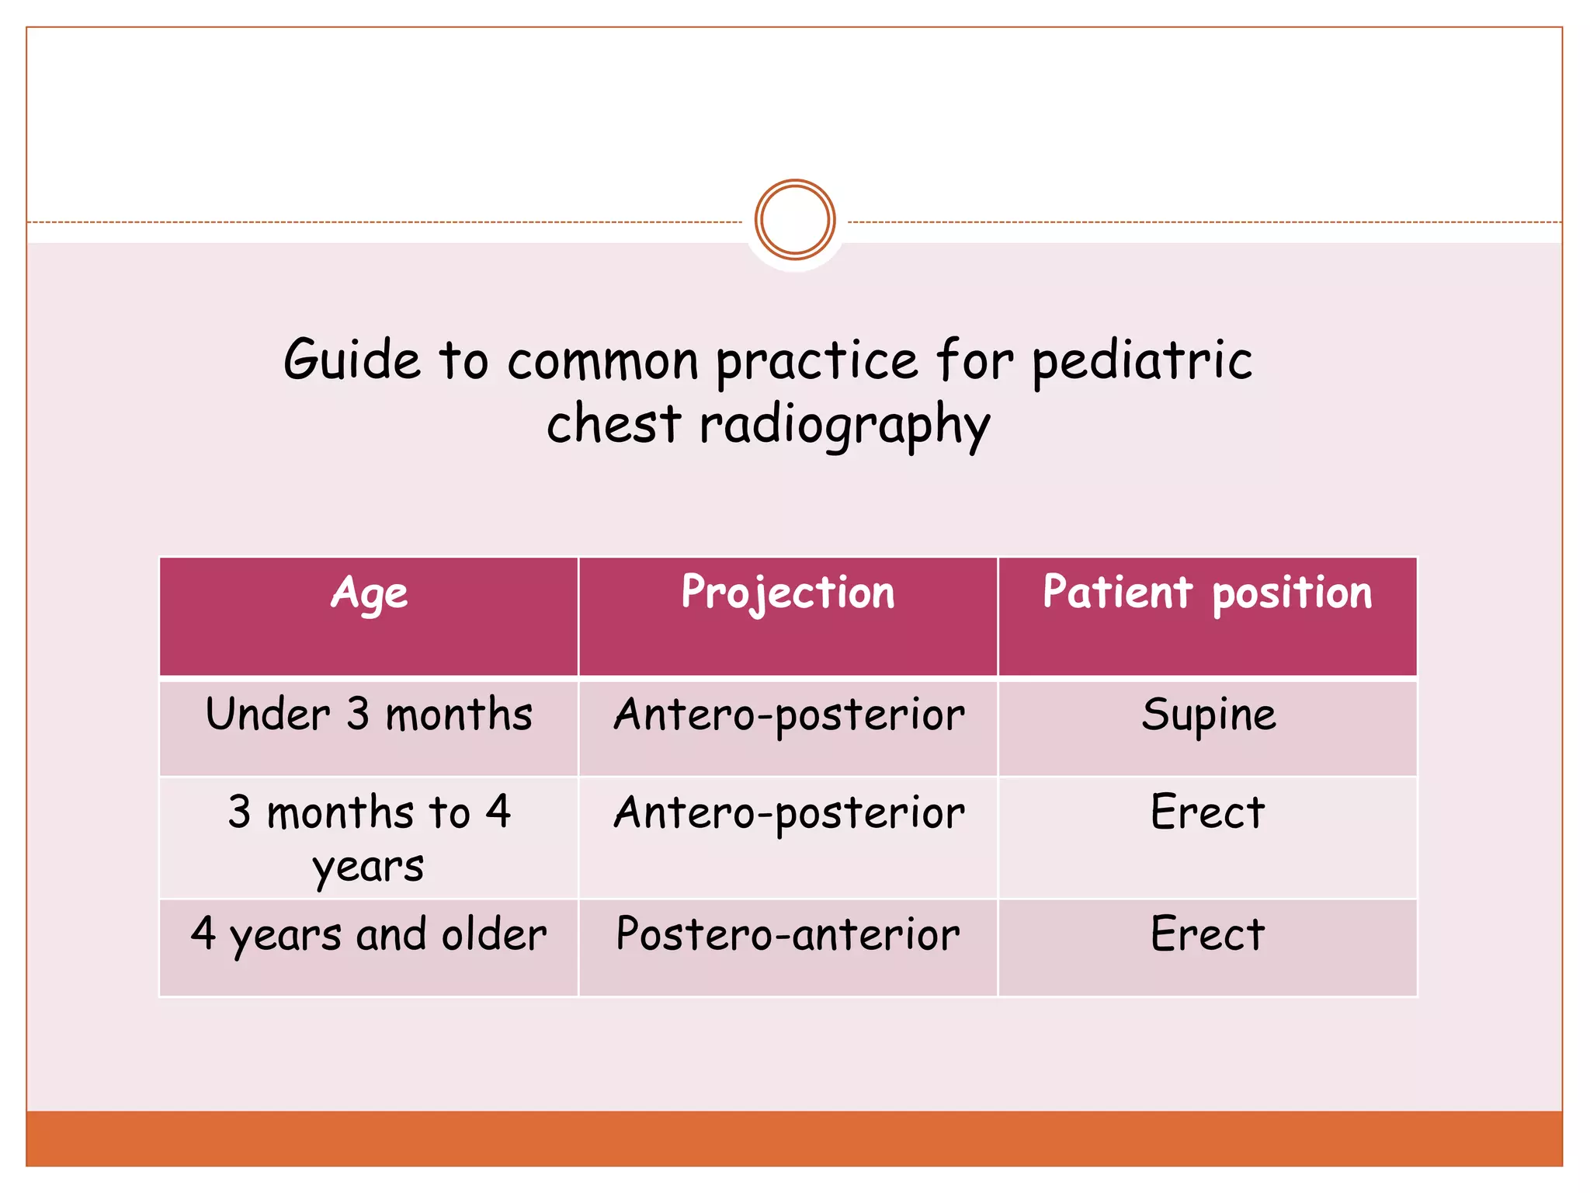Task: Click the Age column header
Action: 369,594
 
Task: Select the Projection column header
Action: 788,594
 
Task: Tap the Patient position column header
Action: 1207,594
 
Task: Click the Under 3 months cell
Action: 369,715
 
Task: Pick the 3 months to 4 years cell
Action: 369,837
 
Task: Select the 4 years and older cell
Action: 369,934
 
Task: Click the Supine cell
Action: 1208,715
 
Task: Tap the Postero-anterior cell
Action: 788,934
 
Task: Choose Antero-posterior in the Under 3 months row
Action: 789,715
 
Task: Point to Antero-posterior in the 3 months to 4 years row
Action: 789,813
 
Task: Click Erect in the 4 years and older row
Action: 1207,934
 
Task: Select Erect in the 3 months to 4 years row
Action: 1207,813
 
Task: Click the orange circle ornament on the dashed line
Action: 794,220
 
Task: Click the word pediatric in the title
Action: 1142,362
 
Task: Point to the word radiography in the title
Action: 845,426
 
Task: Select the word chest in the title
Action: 613,425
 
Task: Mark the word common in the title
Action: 603,362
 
